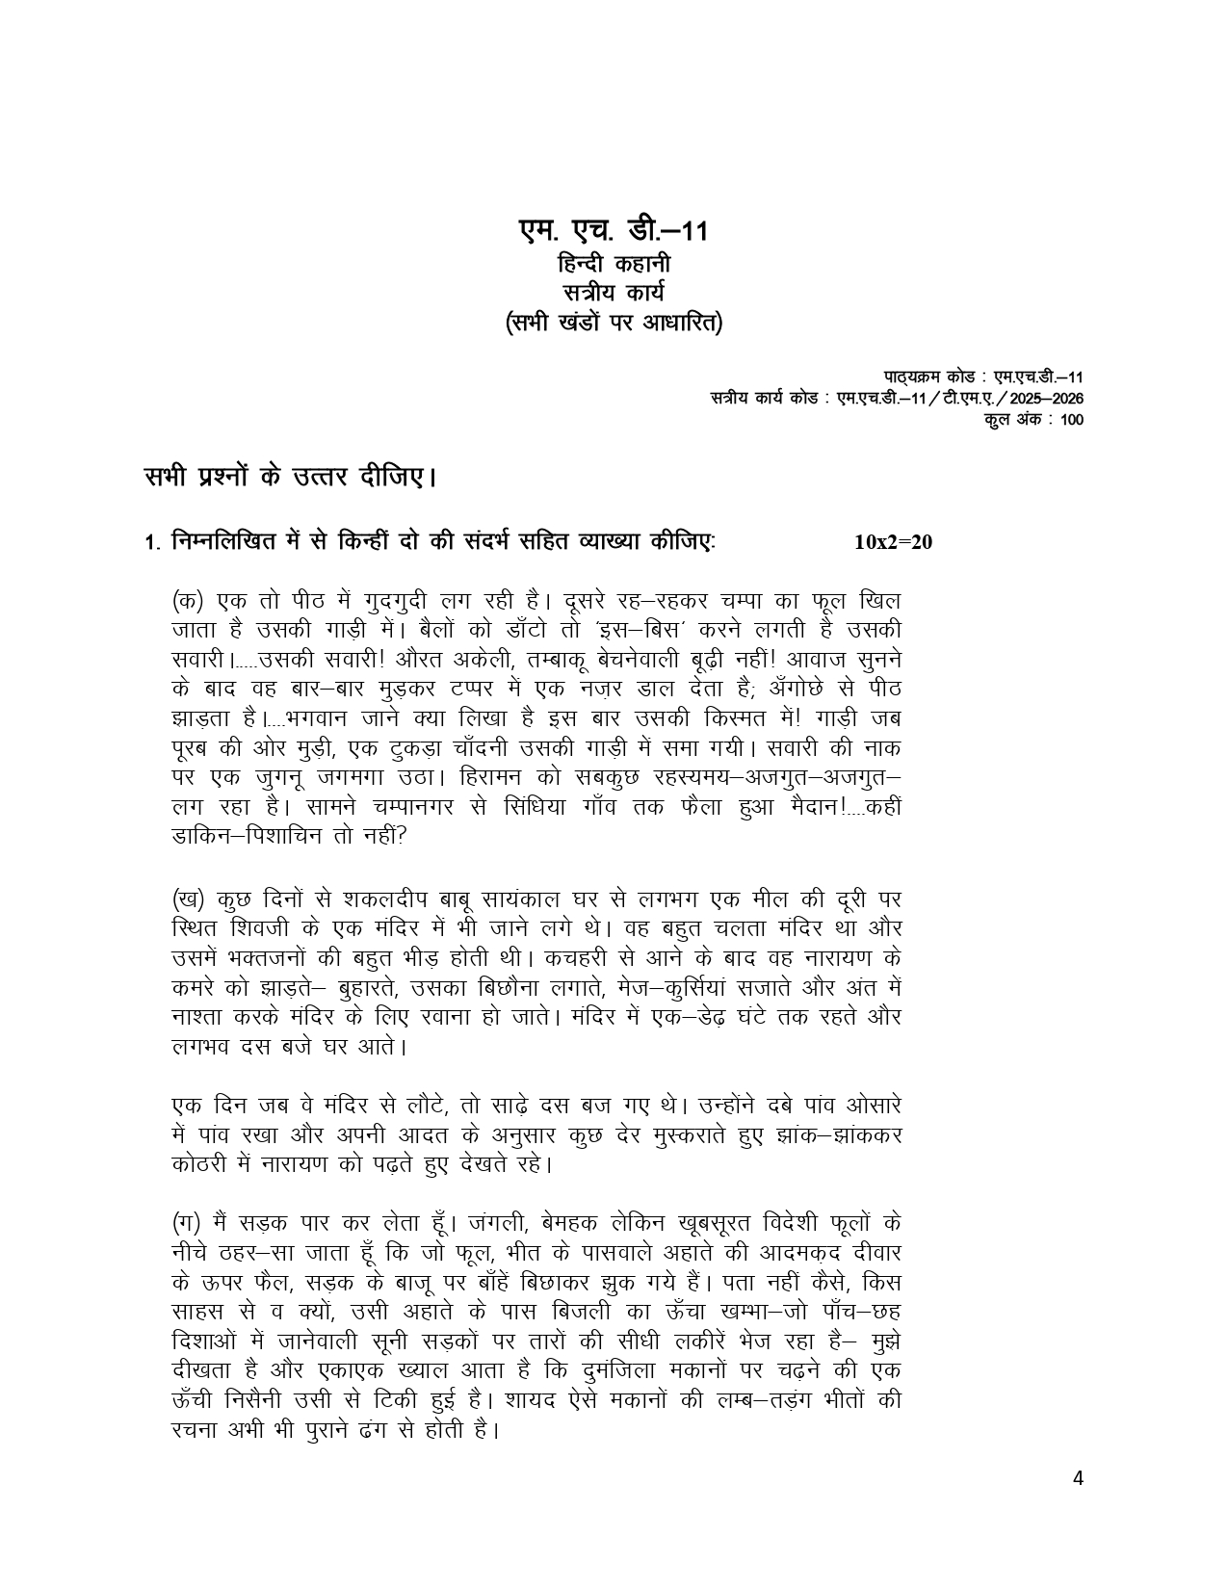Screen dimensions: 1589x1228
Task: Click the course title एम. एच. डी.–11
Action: (x=614, y=231)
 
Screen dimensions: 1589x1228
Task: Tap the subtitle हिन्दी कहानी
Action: (x=614, y=263)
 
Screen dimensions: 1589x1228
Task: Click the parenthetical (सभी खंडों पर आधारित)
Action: (x=614, y=323)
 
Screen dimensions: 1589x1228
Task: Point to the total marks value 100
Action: (x=1071, y=420)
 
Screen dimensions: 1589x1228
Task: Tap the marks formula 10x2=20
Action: (x=893, y=542)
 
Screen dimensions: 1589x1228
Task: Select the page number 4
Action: (x=1079, y=1479)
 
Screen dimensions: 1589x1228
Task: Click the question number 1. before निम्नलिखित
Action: (x=151, y=544)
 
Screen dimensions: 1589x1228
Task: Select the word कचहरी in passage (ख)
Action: (x=558, y=959)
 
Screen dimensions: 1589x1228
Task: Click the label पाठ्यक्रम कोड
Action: (x=918, y=377)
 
